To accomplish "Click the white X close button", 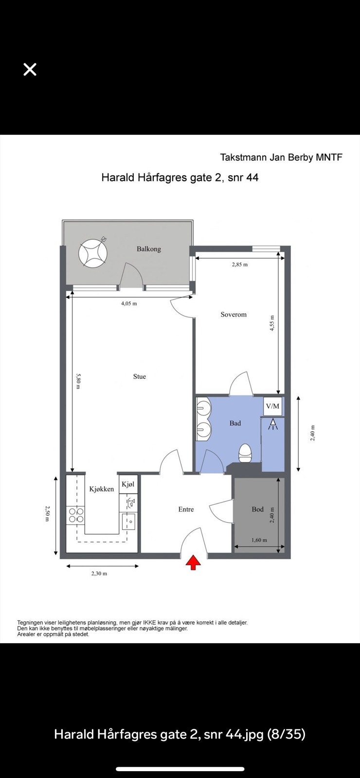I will point(30,70).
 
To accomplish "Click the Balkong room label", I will point(148,249).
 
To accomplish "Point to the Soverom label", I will point(234,315).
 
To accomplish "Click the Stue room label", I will point(140,376).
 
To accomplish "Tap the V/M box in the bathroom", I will point(272,406).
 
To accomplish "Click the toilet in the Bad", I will point(245,453).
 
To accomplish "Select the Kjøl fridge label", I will point(128,484).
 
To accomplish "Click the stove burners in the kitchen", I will point(76,515).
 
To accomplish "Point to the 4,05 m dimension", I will point(129,303).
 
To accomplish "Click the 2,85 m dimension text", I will point(239,265).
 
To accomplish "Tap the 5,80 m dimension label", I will point(78,381).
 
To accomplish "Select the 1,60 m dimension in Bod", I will point(259,540).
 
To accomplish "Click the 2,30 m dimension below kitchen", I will point(99,573).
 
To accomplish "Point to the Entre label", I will point(186,509).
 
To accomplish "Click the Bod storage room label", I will point(257,509).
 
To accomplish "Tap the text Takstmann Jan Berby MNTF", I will point(281,157).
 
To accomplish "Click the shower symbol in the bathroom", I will point(273,425).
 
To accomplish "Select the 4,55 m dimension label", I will point(273,323).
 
